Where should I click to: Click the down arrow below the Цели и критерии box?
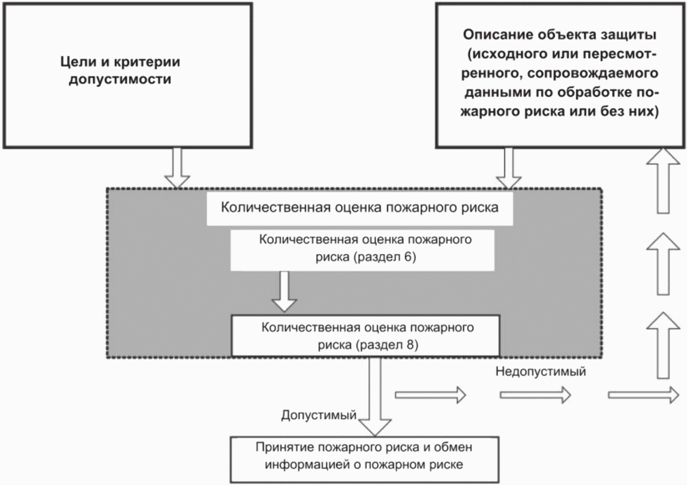[177, 167]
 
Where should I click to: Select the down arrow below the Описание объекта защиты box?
[507, 167]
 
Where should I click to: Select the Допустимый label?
[319, 414]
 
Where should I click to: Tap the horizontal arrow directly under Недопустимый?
[536, 394]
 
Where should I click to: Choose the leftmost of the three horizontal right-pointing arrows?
[430, 394]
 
